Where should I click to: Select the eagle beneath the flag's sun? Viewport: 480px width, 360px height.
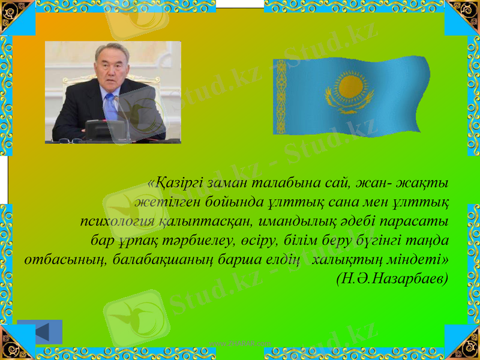(x=349, y=104)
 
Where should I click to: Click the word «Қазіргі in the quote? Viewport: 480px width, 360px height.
(x=173, y=181)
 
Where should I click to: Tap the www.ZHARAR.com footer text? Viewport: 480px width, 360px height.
(x=240, y=343)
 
